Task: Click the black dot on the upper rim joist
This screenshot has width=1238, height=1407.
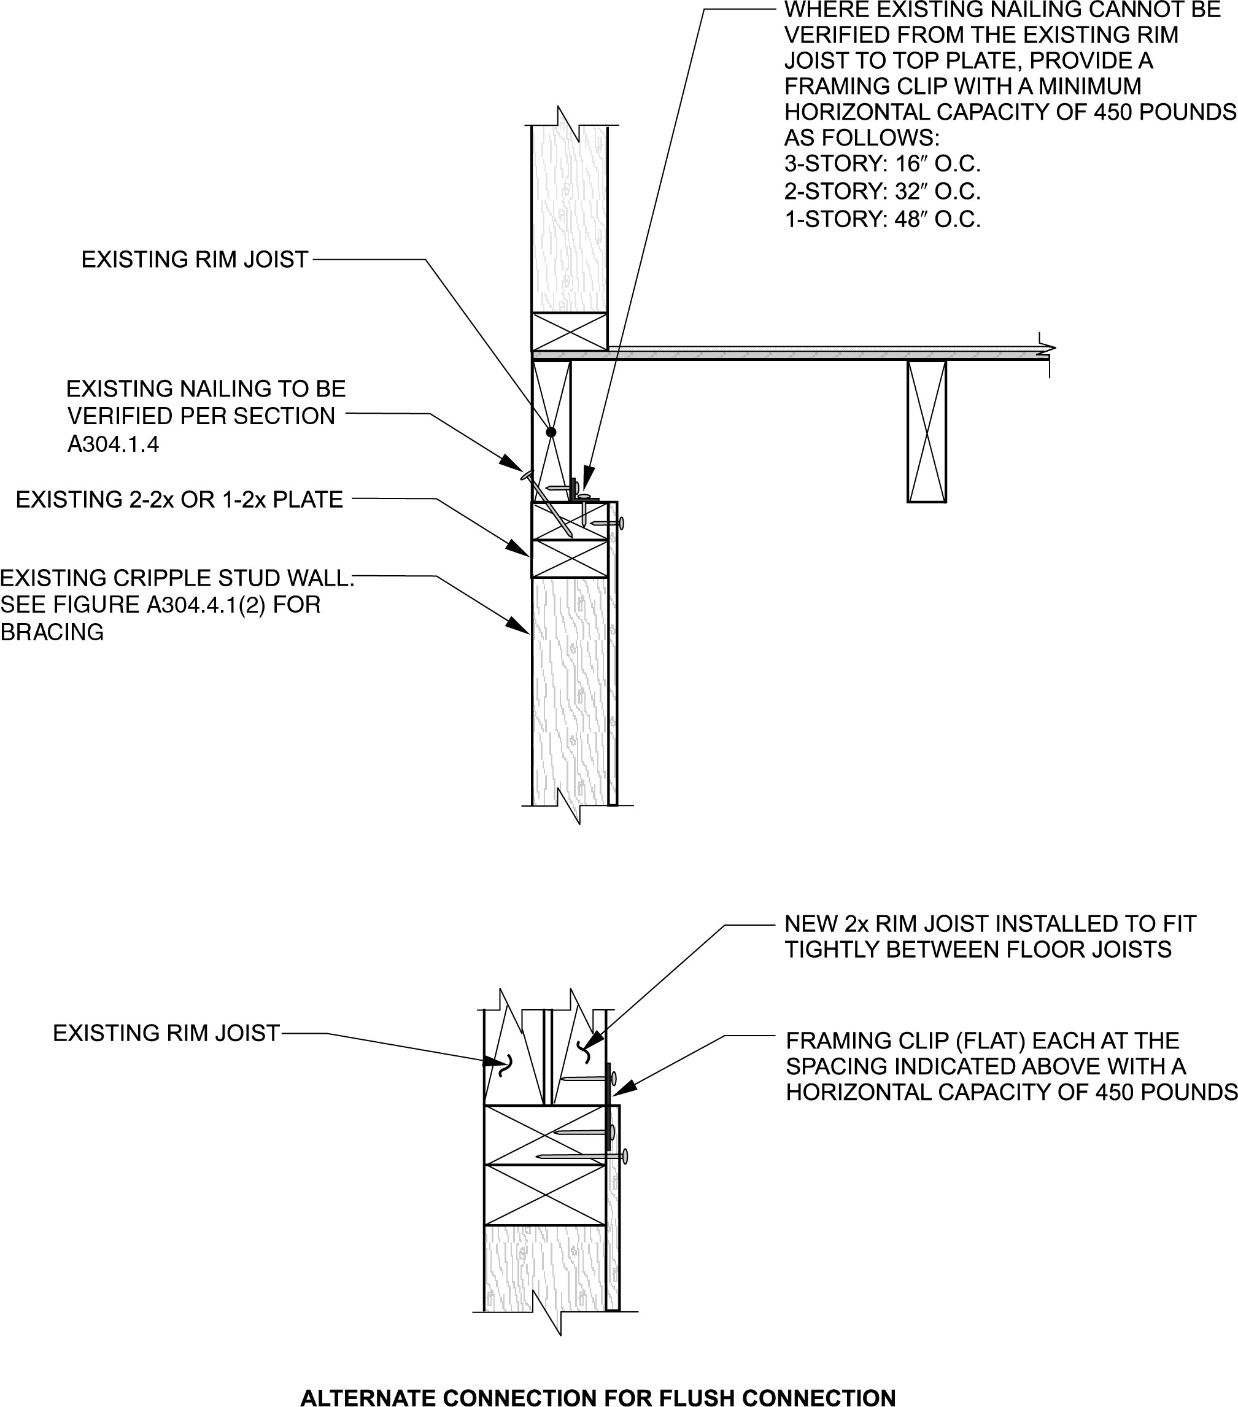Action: click(551, 432)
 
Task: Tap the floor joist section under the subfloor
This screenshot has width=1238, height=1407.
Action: click(926, 432)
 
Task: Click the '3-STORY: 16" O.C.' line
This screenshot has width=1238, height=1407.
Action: click(882, 165)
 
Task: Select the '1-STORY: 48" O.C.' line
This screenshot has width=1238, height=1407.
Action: click(882, 220)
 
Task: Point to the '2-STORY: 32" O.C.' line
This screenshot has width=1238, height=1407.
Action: click(882, 192)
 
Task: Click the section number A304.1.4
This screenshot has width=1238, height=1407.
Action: click(113, 444)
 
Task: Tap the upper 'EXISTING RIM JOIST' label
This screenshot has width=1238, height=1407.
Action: click(195, 260)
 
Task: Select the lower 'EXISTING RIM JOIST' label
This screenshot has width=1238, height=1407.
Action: click(166, 1033)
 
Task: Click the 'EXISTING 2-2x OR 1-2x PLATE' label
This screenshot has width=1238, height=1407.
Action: click(179, 500)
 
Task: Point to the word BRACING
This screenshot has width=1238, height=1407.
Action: click(52, 632)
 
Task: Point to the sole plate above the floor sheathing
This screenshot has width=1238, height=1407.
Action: click(569, 331)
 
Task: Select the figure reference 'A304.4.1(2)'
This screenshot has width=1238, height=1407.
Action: click(206, 605)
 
